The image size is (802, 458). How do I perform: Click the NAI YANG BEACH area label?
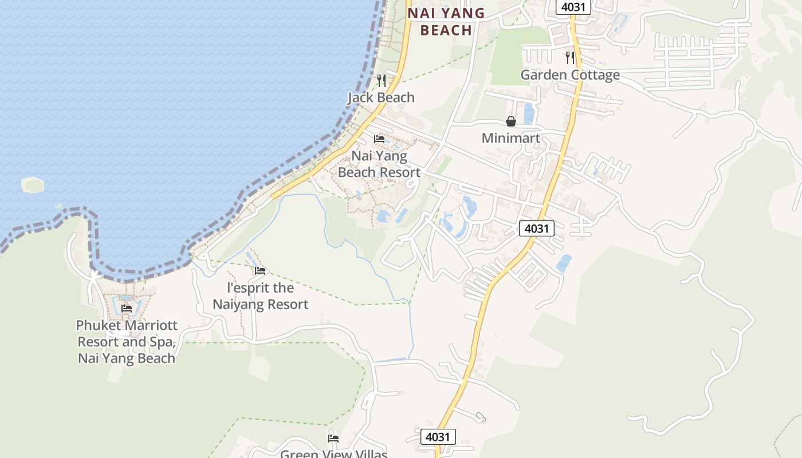pyautogui.click(x=446, y=21)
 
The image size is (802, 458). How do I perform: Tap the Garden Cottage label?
pyautogui.click(x=570, y=75)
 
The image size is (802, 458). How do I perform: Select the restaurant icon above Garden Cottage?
pyautogui.click(x=569, y=57)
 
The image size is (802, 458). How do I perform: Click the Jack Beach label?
pyautogui.click(x=381, y=97)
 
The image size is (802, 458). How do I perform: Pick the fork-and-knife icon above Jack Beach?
pyautogui.click(x=382, y=80)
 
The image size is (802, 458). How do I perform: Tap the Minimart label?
pyautogui.click(x=510, y=138)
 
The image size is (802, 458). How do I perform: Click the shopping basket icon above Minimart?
pyautogui.click(x=510, y=121)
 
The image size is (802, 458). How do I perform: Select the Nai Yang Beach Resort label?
pyautogui.click(x=379, y=164)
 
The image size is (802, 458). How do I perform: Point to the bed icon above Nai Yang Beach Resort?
pyautogui.click(x=379, y=139)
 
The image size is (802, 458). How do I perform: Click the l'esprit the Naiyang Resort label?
pyautogui.click(x=261, y=296)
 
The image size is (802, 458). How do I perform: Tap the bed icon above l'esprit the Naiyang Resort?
pyautogui.click(x=260, y=270)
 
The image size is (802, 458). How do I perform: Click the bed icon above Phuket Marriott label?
pyautogui.click(x=127, y=308)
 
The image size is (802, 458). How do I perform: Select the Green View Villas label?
pyautogui.click(x=333, y=454)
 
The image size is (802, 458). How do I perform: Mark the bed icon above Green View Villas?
pyautogui.click(x=333, y=439)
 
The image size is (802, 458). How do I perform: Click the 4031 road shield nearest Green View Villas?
pyautogui.click(x=438, y=437)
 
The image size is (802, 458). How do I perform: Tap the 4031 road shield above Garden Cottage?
pyautogui.click(x=573, y=7)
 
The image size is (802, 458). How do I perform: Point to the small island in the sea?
pyautogui.click(x=33, y=185)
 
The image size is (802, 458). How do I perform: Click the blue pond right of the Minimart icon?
pyautogui.click(x=529, y=113)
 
